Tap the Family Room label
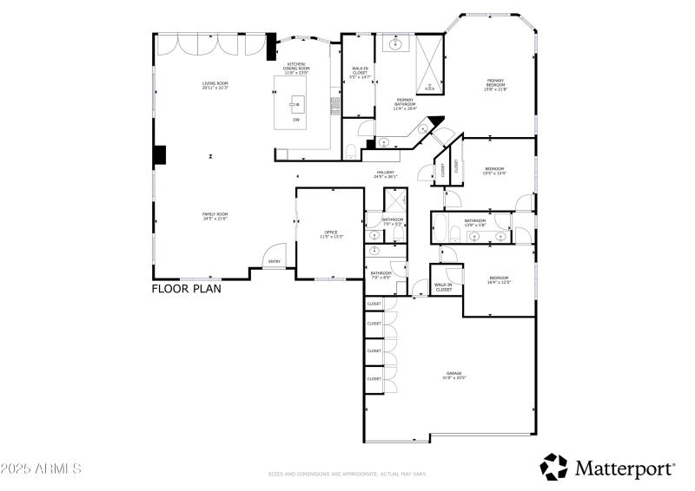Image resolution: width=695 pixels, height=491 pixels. pos(215,216)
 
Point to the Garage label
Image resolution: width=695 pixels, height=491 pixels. pos(454,375)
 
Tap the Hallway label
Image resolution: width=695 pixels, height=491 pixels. pos(386,173)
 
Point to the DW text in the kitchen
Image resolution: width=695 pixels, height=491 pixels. pos(295,120)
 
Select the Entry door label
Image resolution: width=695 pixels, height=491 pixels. pos(275,261)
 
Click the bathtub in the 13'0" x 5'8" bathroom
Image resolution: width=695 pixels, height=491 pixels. pos(441,231)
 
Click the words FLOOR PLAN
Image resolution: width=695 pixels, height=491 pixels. pos(186,289)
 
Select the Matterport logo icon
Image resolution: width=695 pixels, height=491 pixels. pos(553,467)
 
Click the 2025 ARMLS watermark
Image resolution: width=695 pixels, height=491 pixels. pos(41,468)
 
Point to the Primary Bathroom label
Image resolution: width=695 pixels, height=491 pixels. pos(405,104)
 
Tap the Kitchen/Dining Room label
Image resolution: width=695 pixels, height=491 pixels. pos(296,69)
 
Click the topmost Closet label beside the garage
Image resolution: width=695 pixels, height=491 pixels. pos(374,304)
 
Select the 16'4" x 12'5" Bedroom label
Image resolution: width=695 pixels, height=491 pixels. pos(499,279)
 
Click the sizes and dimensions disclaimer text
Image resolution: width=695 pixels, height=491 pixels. pos(347,475)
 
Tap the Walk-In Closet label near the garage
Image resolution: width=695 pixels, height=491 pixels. pos(443,287)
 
